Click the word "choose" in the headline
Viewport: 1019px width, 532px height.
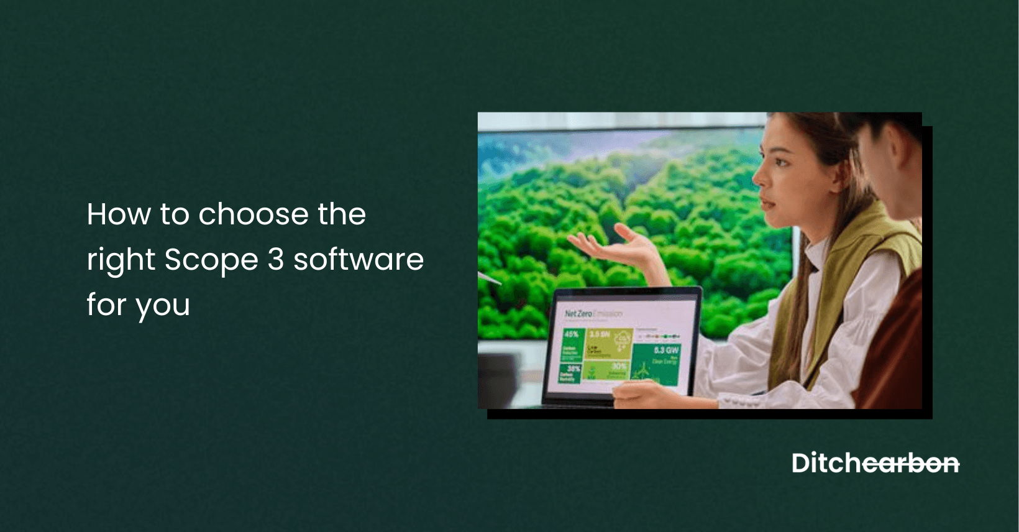click(x=252, y=214)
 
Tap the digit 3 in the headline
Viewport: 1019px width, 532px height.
click(x=276, y=259)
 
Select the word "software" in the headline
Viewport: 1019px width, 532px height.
click(x=359, y=259)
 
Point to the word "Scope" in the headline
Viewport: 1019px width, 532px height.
click(x=211, y=260)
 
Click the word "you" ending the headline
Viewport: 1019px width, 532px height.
click(x=163, y=306)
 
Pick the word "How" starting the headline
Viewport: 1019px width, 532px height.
click(x=119, y=214)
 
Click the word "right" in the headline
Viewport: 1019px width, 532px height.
click(x=121, y=260)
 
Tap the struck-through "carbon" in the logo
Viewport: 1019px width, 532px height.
click(x=911, y=464)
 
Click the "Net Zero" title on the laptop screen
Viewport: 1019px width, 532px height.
click(x=578, y=313)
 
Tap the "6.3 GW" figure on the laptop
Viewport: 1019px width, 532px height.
click(x=665, y=351)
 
